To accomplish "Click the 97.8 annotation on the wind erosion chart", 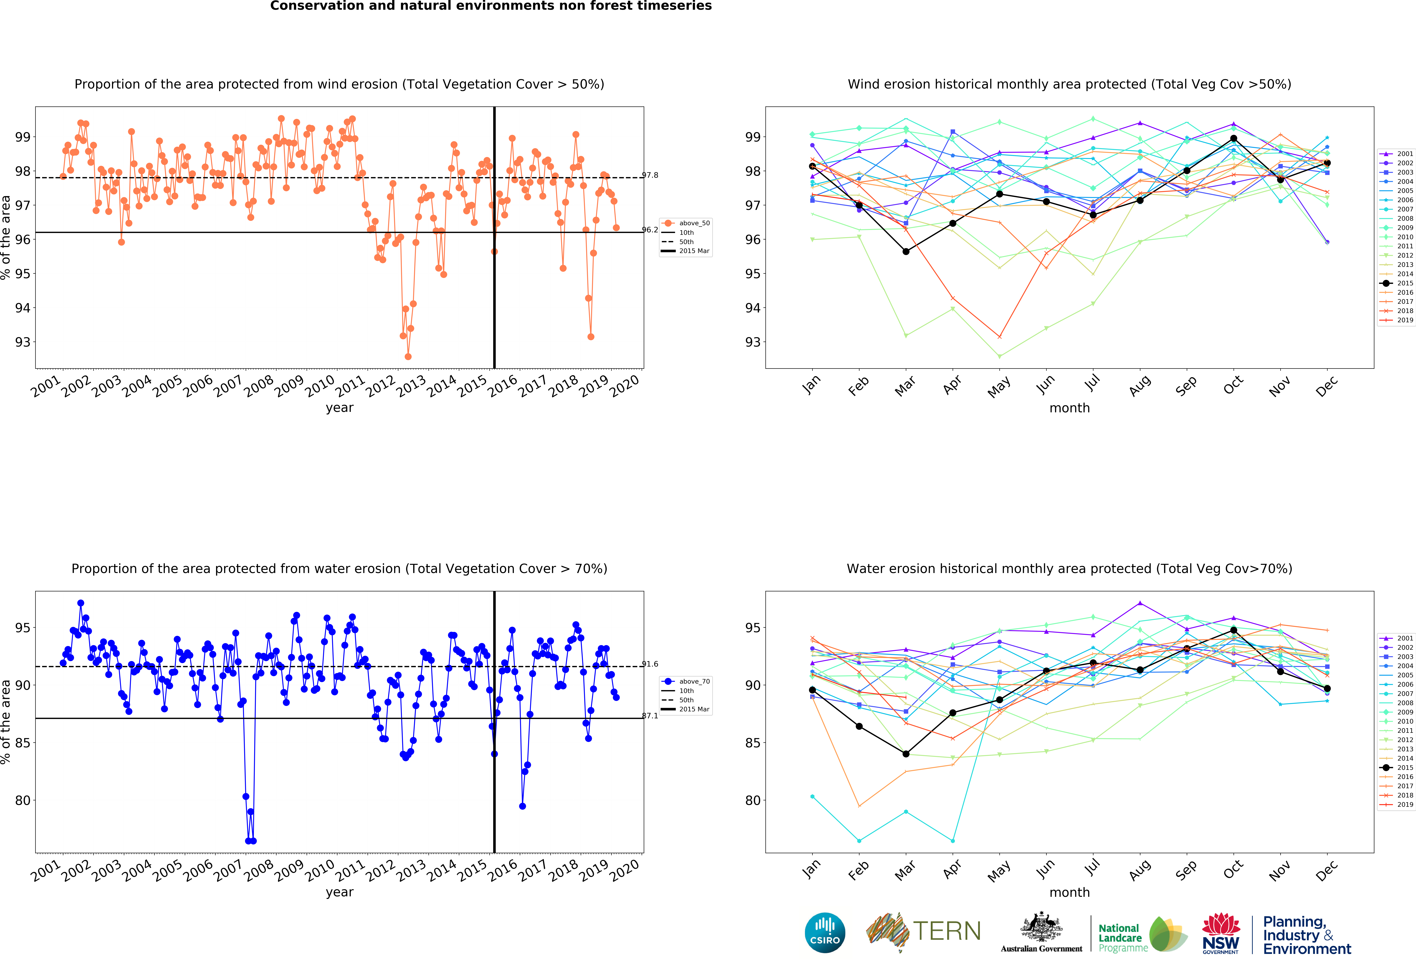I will pyautogui.click(x=650, y=175).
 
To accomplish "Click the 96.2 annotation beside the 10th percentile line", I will pyautogui.click(x=650, y=230).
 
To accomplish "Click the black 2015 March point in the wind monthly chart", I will pyautogui.click(x=906, y=251).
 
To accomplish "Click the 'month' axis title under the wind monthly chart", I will pyautogui.click(x=1069, y=408).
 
